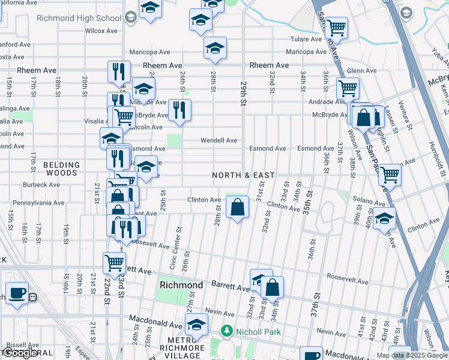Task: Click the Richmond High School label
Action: point(79,18)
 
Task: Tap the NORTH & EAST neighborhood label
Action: point(243,175)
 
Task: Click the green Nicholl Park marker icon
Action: point(226,331)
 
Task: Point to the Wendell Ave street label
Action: point(218,140)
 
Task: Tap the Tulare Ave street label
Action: point(306,39)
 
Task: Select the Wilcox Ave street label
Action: point(102,30)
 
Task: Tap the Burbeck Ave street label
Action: point(41,185)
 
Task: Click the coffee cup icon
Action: point(17,293)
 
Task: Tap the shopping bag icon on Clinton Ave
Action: point(238,207)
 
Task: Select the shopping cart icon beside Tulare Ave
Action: point(336,27)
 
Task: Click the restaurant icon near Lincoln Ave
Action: point(179,110)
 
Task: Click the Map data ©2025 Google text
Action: point(411,355)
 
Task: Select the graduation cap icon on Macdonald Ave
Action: point(196,326)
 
